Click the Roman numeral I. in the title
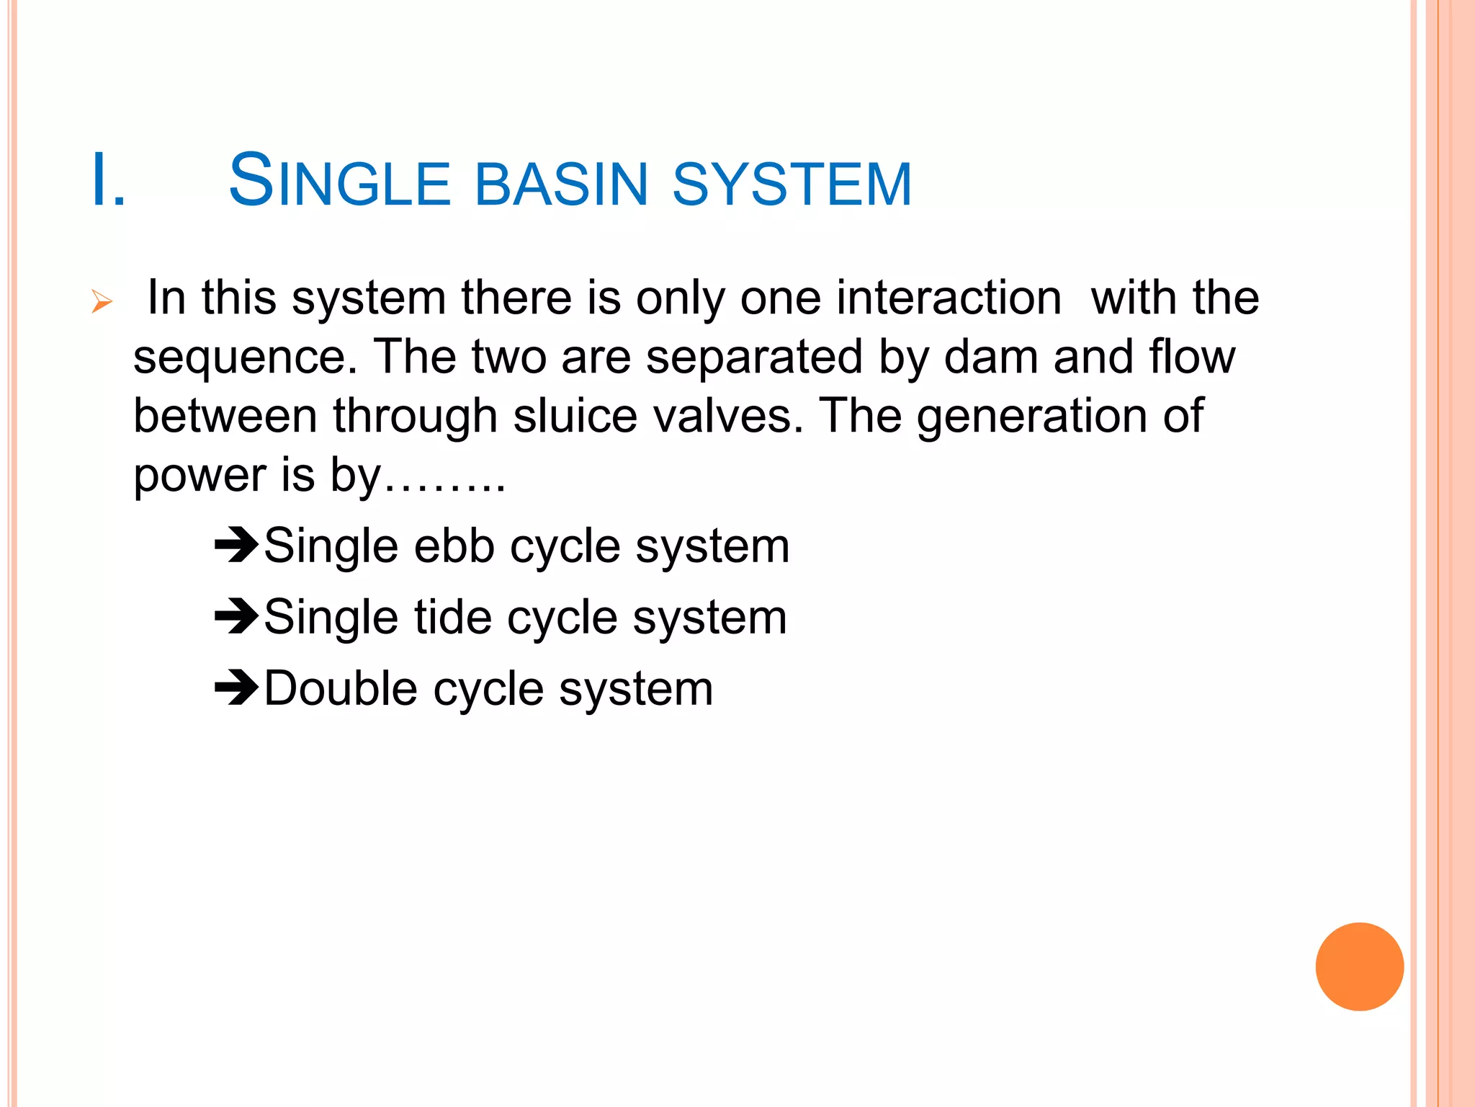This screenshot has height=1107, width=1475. (108, 182)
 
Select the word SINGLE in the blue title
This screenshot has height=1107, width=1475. (339, 182)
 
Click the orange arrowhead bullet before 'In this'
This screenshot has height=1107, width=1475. (102, 301)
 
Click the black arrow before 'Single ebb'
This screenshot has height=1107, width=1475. (236, 546)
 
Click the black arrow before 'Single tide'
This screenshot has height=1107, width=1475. (236, 616)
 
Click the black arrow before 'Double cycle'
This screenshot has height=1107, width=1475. (236, 688)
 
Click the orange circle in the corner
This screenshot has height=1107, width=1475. (1359, 966)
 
